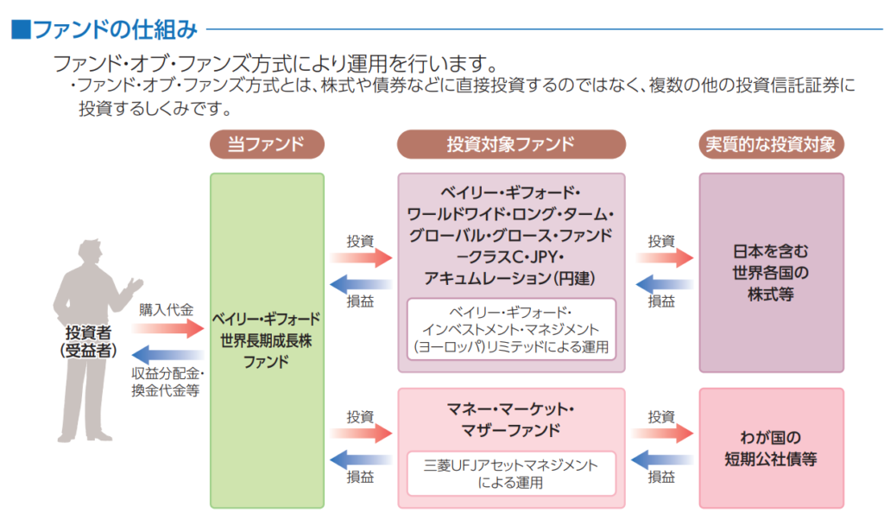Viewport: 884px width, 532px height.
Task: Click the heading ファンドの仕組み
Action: click(x=114, y=30)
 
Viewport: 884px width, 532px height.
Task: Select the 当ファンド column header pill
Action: click(x=267, y=144)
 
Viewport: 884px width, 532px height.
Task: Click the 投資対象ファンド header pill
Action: click(x=510, y=144)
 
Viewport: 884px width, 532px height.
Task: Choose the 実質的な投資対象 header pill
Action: click(x=771, y=144)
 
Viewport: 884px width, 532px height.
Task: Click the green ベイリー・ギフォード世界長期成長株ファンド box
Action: click(x=267, y=340)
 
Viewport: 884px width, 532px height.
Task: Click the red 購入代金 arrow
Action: click(x=167, y=328)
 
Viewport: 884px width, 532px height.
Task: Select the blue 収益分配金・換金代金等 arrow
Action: click(x=167, y=353)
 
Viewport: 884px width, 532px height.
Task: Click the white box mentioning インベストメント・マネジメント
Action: click(x=511, y=330)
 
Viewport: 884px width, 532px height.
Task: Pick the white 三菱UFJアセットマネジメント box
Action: click(x=511, y=473)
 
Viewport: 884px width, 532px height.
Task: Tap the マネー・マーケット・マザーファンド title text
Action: click(x=511, y=418)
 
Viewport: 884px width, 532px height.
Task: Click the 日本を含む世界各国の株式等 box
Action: click(x=771, y=273)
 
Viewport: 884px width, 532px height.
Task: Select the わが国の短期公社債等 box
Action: click(x=771, y=447)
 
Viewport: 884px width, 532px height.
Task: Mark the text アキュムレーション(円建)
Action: click(x=511, y=278)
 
